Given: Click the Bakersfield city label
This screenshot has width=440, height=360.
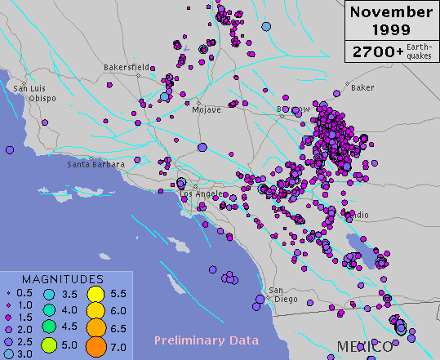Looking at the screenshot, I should pos(126,67).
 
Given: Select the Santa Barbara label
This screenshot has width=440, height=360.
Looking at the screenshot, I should pos(96,164).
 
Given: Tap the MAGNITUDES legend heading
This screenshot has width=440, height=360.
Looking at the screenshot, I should pos(62,280).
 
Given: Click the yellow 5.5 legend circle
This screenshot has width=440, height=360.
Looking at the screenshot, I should pos(95,294).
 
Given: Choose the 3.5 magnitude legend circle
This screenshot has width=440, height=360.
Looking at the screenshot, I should pos(49,295).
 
